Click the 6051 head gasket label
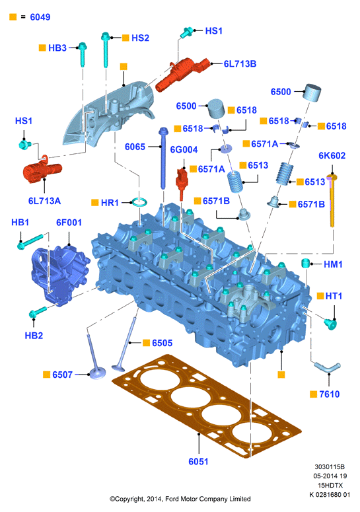tap(198, 461)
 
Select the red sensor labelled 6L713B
tap(182, 74)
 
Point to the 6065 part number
tap(135, 147)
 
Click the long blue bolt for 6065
tap(163, 158)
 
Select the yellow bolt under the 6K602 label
tap(332, 200)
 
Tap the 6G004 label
tap(184, 149)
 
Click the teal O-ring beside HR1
tap(139, 202)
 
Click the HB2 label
tap(34, 336)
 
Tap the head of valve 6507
tap(97, 373)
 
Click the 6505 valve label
tap(162, 343)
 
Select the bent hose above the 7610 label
tap(327, 367)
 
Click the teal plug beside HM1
tap(305, 263)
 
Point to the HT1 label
tap(334, 296)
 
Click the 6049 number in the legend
tap(40, 17)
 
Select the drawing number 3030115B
tap(330, 466)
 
